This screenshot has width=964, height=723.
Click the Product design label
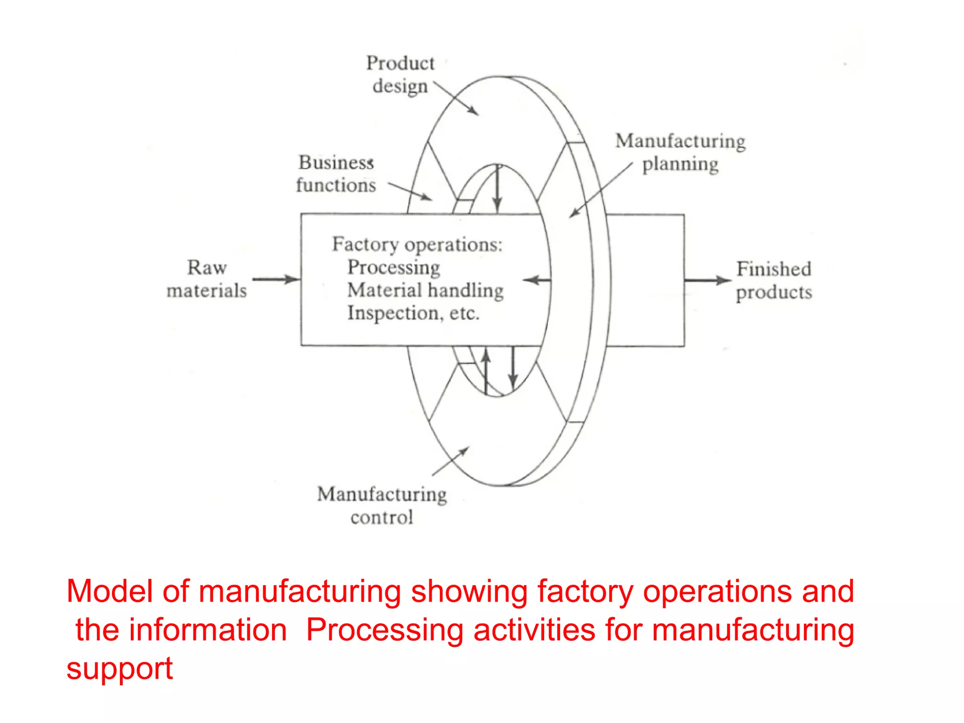400,75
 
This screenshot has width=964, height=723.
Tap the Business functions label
336,174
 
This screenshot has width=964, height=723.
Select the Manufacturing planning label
680,153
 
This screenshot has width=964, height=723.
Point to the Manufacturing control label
382,506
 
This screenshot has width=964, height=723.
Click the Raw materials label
207,279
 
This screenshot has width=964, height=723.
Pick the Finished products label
774,281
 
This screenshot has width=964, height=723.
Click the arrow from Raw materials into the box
276,279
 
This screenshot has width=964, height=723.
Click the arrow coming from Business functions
410,191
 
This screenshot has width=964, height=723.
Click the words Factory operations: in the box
417,244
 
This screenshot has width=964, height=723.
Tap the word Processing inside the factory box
394,267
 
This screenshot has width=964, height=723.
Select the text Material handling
425,290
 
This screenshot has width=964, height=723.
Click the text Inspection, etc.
413,313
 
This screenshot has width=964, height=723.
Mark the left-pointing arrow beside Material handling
537,281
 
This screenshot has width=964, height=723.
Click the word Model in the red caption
109,591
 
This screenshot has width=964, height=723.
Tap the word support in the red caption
120,668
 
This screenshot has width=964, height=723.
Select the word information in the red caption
208,630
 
